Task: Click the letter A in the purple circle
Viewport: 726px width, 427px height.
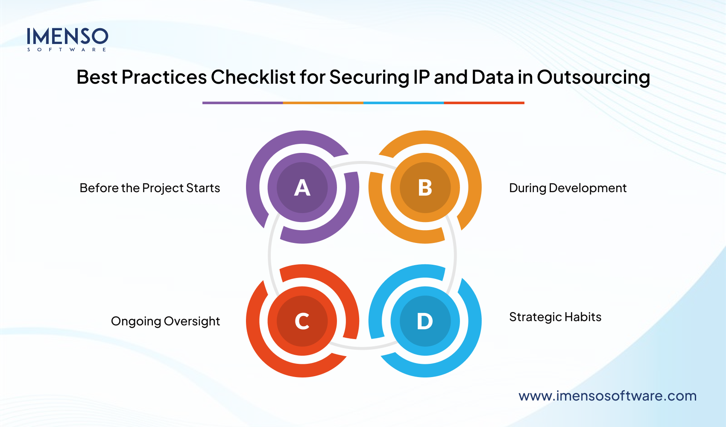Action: tap(302, 188)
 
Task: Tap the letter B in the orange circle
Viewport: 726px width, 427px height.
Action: tap(425, 188)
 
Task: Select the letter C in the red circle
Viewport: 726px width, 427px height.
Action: tap(302, 321)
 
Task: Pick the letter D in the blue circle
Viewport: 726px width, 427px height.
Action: tap(425, 321)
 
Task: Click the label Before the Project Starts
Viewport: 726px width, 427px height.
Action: tap(149, 188)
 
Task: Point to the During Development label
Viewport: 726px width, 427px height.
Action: tap(568, 188)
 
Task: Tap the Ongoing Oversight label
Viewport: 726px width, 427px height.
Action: tap(165, 321)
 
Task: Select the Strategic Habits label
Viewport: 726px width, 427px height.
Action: tap(555, 317)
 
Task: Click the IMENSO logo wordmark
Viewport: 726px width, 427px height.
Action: tap(67, 37)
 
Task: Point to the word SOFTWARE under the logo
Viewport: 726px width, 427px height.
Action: tap(67, 50)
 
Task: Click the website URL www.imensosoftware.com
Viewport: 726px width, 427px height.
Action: tap(607, 396)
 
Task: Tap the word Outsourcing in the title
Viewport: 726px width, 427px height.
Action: tap(593, 77)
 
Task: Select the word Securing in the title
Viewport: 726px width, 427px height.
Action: tap(369, 77)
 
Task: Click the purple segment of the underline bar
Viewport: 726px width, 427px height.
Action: tap(243, 103)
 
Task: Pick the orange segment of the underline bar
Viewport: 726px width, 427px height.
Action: tap(323, 103)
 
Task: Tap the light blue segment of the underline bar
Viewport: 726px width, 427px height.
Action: tap(404, 103)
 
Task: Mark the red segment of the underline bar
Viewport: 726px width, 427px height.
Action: tap(484, 103)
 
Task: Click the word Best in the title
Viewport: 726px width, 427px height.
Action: tap(97, 77)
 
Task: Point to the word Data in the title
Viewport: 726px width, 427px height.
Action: tap(492, 77)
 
